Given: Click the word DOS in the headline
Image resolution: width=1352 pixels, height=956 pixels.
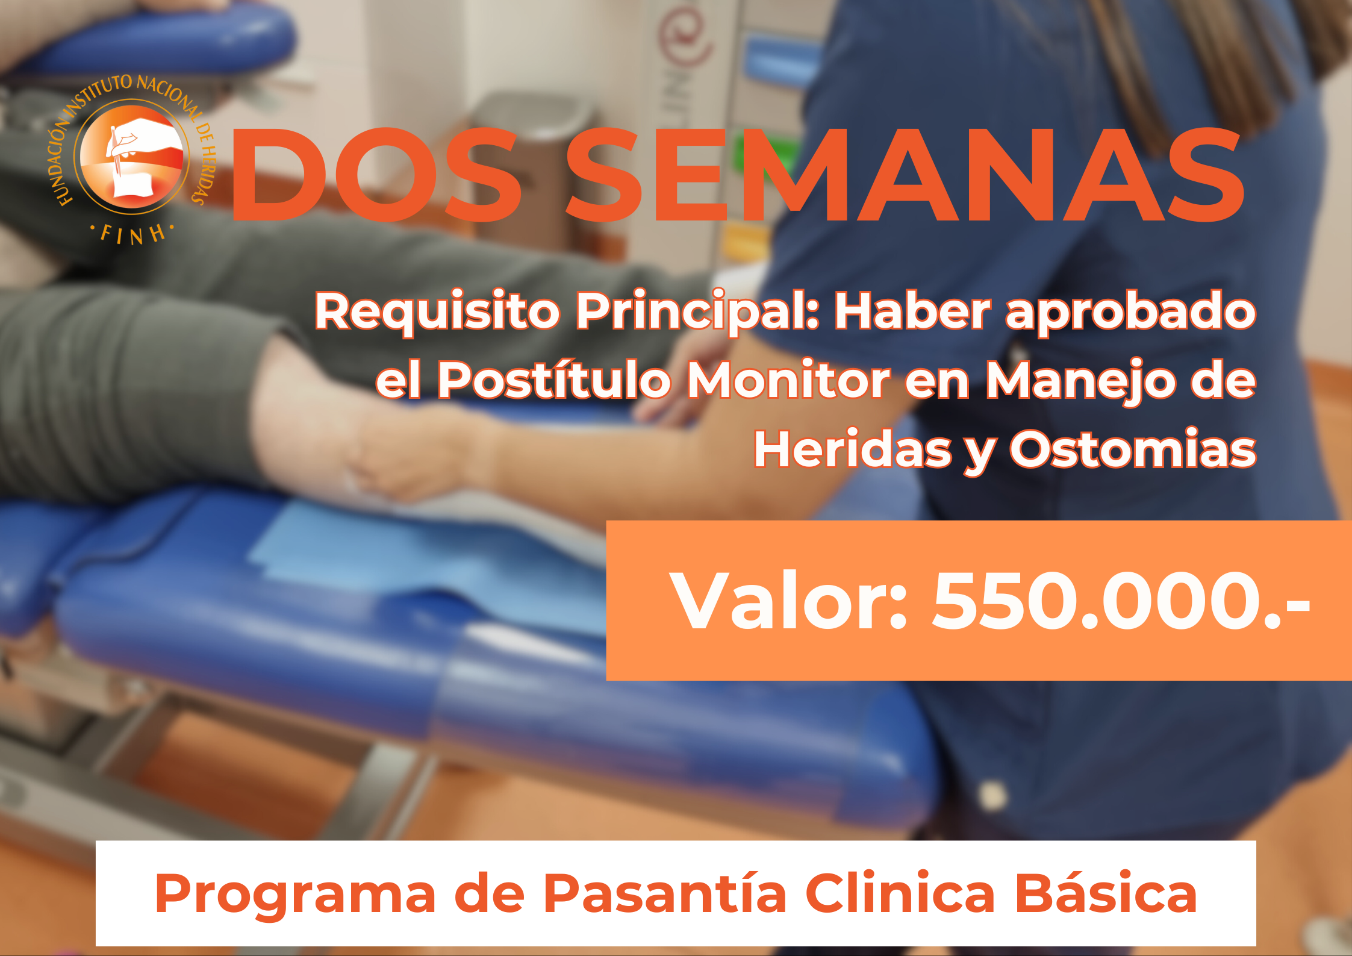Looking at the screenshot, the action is click(x=376, y=175).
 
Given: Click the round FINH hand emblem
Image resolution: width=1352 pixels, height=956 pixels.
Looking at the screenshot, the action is click(x=132, y=157).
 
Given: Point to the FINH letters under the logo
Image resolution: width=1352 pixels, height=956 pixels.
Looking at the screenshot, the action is click(x=132, y=234).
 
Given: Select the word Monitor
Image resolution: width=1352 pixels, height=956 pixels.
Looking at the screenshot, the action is click(x=788, y=381).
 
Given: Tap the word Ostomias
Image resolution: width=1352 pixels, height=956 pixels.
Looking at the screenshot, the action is click(x=1133, y=449).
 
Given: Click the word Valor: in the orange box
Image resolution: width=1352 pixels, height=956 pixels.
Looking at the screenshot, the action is click(x=788, y=601).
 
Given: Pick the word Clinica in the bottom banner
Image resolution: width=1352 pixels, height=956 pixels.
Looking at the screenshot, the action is click(x=900, y=893).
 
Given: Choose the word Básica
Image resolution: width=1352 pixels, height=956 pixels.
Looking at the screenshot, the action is click(x=1106, y=893).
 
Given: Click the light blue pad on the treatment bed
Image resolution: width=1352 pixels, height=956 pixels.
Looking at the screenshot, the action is click(x=422, y=560).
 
